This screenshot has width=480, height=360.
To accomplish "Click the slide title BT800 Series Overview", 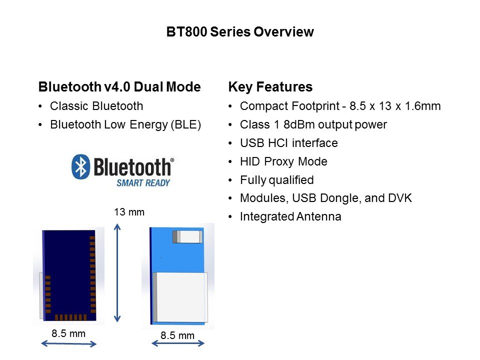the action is pyautogui.click(x=240, y=32).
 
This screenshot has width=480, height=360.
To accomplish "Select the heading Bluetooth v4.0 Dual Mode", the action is pyautogui.click(x=119, y=87).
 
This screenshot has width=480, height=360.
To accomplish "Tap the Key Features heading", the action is pyautogui.click(x=270, y=87).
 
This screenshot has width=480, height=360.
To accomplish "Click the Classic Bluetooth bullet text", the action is pyautogui.click(x=96, y=106).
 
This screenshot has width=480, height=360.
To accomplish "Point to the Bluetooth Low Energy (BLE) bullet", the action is pyautogui.click(x=125, y=124).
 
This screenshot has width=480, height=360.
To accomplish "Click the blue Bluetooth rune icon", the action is pyautogui.click(x=81, y=166).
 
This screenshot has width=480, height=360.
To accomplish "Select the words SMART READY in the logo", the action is pyautogui.click(x=143, y=183).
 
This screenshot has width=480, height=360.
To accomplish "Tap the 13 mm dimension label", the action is pyautogui.click(x=129, y=212).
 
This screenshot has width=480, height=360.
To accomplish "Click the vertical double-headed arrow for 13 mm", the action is pyautogui.click(x=117, y=273).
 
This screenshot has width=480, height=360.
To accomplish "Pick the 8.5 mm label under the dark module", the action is pyautogui.click(x=68, y=333).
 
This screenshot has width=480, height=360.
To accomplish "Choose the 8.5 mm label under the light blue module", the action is pyautogui.click(x=177, y=335).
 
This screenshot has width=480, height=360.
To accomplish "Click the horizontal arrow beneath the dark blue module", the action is pyautogui.click(x=69, y=344).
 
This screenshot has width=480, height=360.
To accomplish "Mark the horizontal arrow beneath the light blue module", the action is pyautogui.click(x=178, y=343).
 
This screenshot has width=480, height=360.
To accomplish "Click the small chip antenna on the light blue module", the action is pyautogui.click(x=187, y=237).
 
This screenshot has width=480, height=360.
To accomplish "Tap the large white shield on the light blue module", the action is pyautogui.click(x=180, y=297).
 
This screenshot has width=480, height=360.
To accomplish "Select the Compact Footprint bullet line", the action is pyautogui.click(x=340, y=106).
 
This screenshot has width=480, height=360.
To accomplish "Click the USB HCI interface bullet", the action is pyautogui.click(x=288, y=143).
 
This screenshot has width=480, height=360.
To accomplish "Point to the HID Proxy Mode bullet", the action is pyautogui.click(x=283, y=161).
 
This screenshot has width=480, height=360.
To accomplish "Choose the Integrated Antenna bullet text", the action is pyautogui.click(x=290, y=216).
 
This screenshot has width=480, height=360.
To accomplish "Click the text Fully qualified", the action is pyautogui.click(x=276, y=180).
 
